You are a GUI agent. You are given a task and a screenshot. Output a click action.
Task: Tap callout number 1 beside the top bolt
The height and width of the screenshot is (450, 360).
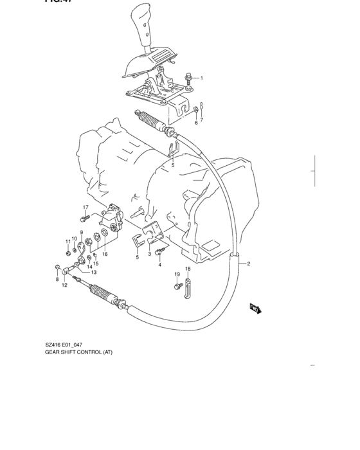click(x=201, y=78)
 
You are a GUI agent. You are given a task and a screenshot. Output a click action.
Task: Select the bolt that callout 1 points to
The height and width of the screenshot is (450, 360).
click(x=187, y=78)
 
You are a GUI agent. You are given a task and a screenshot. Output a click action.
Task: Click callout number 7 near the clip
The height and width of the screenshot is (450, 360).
click(x=201, y=120)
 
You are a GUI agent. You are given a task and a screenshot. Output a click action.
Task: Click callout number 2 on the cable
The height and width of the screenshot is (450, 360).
click(x=248, y=264)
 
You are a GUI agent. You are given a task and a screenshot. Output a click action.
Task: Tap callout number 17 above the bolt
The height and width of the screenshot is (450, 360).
click(x=84, y=206)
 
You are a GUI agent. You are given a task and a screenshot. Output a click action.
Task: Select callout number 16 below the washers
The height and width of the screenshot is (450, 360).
click(x=105, y=254)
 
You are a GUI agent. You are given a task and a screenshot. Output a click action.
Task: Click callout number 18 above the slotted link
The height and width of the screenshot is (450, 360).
click(x=188, y=269)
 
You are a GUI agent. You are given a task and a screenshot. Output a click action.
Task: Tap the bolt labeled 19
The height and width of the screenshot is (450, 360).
click(x=177, y=285)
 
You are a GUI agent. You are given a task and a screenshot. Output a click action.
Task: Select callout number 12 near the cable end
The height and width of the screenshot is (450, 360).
click(x=64, y=285)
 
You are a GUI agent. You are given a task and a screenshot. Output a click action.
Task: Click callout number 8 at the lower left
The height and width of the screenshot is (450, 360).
click(x=57, y=279)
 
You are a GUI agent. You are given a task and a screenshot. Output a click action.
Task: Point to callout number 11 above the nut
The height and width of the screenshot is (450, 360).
click(x=67, y=241)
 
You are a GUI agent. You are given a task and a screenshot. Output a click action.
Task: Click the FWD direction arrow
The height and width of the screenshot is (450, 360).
click(x=255, y=310)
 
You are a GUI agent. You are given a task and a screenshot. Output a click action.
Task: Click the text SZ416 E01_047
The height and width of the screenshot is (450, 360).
click(x=63, y=363)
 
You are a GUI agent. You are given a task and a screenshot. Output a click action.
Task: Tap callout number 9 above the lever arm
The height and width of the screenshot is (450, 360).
click(x=82, y=232)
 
